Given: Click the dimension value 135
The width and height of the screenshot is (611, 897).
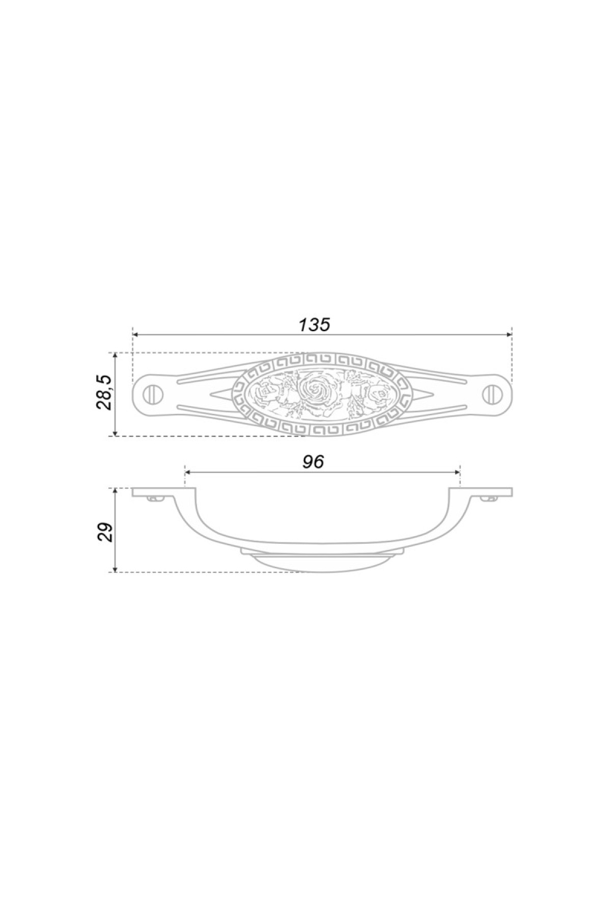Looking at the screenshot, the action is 314,324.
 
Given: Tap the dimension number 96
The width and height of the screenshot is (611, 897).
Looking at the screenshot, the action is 313,462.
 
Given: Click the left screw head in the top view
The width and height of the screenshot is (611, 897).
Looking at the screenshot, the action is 151,393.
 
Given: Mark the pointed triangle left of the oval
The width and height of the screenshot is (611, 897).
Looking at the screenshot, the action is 223,393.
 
